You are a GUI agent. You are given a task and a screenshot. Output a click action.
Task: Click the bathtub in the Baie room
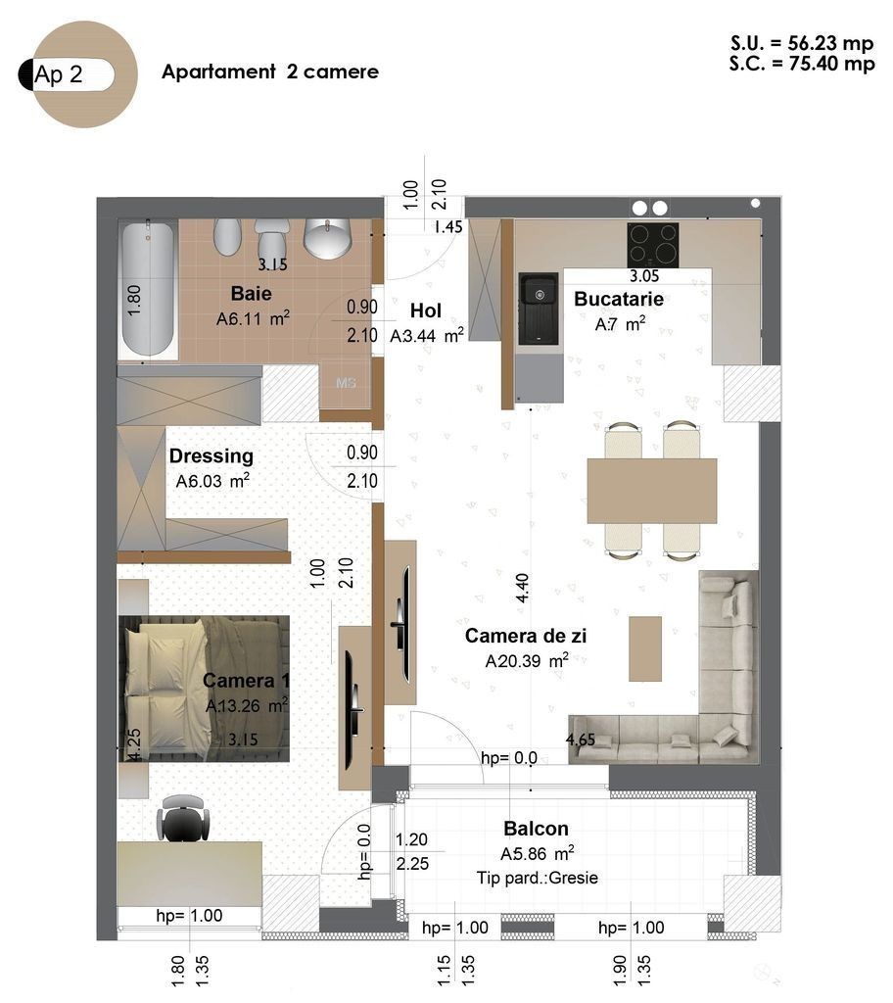(149, 289)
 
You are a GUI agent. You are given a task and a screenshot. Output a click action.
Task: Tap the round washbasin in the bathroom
(327, 238)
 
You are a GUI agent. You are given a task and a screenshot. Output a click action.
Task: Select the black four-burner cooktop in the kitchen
(652, 245)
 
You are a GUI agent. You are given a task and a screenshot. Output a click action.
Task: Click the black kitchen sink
(538, 309)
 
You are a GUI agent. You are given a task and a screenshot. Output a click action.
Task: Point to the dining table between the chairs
(652, 491)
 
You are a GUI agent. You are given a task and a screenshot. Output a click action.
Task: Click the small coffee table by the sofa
(645, 648)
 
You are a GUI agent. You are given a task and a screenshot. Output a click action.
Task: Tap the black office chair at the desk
(183, 818)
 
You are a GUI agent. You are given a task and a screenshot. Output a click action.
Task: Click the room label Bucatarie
(619, 299)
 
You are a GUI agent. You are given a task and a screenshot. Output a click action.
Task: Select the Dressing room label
(211, 456)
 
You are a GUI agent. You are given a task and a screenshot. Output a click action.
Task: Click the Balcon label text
(536, 829)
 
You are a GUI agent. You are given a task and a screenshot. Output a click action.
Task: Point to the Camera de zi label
(526, 635)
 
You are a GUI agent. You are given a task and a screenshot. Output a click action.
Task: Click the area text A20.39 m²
(527, 660)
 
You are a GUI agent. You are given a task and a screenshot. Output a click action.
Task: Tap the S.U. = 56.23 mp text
(802, 43)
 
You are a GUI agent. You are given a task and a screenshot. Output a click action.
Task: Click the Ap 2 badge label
(58, 74)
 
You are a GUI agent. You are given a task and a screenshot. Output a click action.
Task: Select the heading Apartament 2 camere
(270, 72)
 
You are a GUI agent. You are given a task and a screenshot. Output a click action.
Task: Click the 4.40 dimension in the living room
(522, 588)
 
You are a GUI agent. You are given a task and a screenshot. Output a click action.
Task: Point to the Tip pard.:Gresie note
(538, 878)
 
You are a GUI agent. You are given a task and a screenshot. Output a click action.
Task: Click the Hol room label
(425, 310)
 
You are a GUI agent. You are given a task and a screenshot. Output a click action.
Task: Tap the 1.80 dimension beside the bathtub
(134, 300)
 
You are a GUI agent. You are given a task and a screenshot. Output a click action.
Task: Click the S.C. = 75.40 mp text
(802, 64)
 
